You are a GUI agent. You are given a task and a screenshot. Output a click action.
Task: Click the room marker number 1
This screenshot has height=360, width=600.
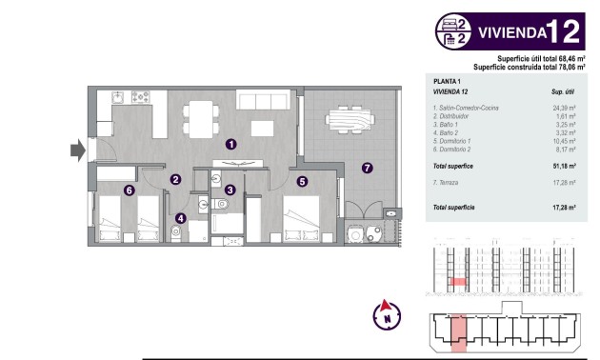click(230, 144)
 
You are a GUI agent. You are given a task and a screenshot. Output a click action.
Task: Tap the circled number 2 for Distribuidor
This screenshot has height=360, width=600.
click(175, 178)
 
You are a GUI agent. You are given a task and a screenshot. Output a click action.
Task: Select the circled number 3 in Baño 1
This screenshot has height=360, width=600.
click(230, 190)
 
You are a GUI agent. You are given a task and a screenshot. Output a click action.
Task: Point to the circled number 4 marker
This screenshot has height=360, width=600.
click(181, 218)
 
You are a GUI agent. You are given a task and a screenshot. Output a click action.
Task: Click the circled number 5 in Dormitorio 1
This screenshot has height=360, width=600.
click(302, 180)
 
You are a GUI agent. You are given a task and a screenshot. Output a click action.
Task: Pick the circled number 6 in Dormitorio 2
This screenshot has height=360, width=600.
click(129, 190)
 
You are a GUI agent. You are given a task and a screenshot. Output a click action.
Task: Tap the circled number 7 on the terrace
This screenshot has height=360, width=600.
click(367, 169)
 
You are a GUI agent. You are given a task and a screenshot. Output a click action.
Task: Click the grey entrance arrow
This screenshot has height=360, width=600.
click(77, 149)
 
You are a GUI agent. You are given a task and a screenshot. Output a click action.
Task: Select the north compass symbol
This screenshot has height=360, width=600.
click(386, 314)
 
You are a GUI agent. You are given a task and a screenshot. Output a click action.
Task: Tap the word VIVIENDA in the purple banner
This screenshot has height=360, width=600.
click(510, 31)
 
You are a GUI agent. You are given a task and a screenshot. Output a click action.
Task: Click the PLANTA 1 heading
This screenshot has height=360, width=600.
click(447, 83)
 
